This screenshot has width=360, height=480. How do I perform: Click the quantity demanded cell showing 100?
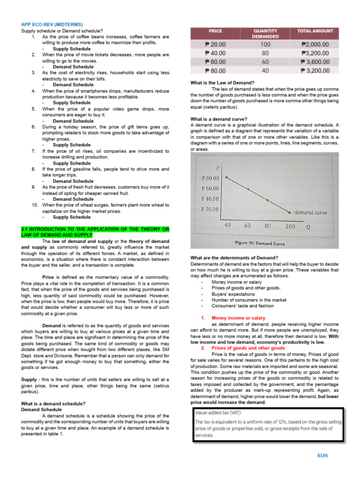(265, 44)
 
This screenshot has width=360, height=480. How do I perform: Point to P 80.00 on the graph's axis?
(210, 178)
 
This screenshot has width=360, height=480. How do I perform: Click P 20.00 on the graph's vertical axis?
(210, 209)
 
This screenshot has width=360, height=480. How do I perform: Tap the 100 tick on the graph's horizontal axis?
(290, 226)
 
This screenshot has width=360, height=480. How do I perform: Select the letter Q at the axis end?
(308, 226)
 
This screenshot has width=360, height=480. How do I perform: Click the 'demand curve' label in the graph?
(310, 212)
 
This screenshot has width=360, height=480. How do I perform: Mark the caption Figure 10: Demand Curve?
(260, 243)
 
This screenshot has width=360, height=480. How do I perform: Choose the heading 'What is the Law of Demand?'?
(222, 83)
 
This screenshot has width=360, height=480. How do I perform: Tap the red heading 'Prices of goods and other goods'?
(248, 348)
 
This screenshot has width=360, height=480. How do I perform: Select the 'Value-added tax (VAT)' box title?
(219, 413)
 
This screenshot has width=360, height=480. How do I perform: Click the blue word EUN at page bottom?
(322, 455)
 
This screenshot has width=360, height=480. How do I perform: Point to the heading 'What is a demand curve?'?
(219, 119)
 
